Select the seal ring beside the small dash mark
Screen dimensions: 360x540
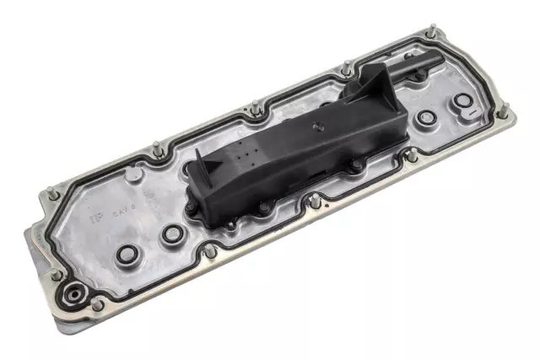(462, 102)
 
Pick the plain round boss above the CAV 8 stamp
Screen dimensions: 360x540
(132, 175)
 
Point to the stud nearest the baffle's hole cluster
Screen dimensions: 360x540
(254, 109)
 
